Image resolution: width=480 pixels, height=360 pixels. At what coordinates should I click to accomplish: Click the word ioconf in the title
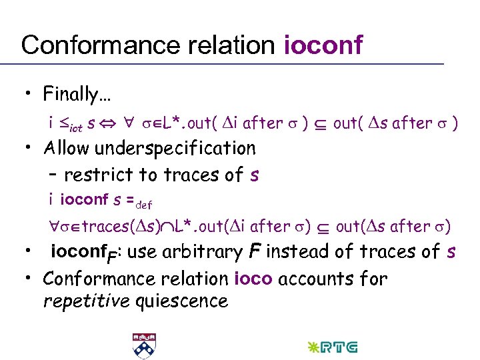(x=323, y=45)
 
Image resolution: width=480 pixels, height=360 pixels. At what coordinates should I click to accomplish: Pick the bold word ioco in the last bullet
(x=254, y=278)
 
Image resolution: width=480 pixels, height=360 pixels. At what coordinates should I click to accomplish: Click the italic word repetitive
(x=85, y=301)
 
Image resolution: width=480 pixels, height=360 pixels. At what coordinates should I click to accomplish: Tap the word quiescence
(x=181, y=301)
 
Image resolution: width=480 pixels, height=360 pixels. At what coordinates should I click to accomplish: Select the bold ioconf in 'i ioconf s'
(x=80, y=199)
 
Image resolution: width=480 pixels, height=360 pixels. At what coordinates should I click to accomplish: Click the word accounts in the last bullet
(x=309, y=278)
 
